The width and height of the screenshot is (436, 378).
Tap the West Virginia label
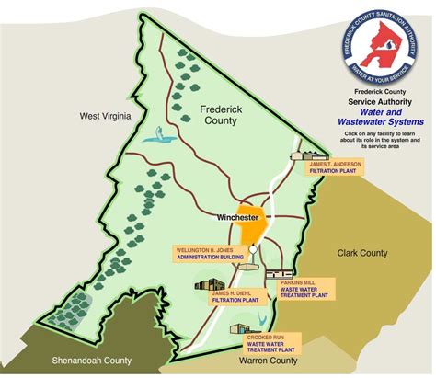pos(106,116)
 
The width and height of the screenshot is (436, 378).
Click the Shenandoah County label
pos(72,360)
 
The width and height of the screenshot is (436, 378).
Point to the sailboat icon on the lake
pos(163,135)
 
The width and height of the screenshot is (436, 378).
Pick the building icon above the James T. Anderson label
pos(304,155)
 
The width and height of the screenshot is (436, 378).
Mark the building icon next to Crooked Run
pos(242,326)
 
